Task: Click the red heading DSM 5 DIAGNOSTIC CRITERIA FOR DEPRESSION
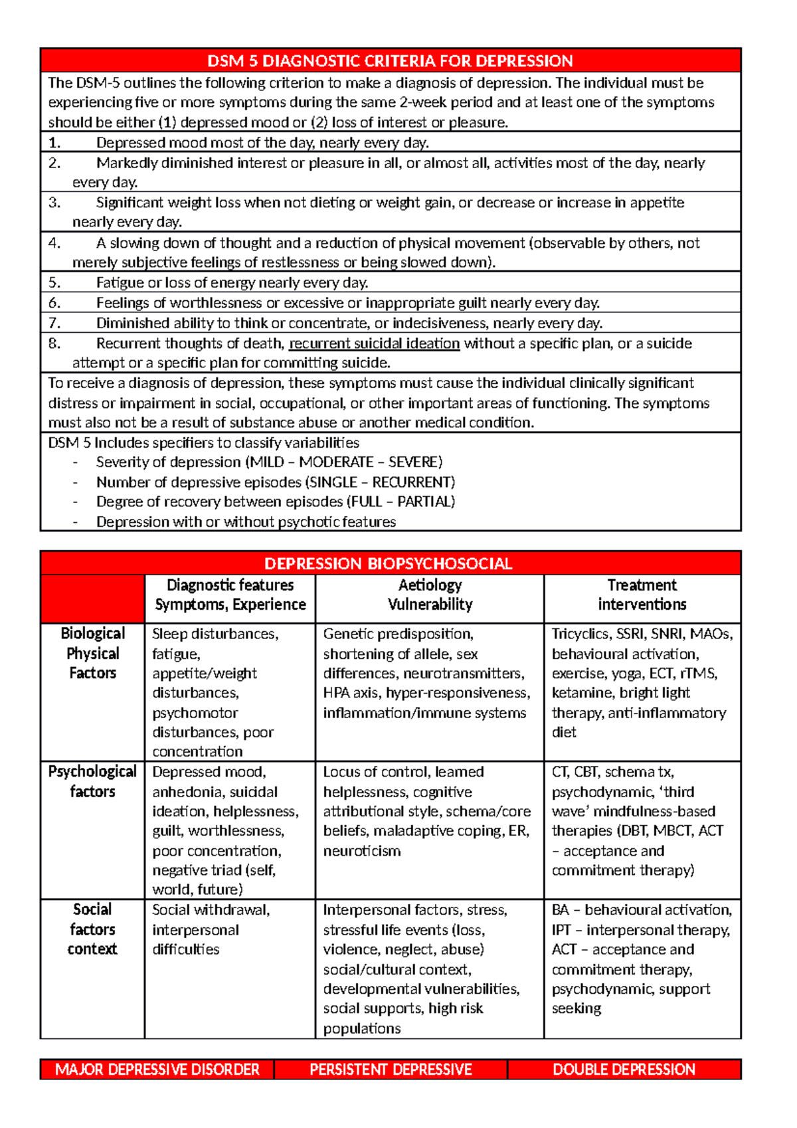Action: [x=390, y=61]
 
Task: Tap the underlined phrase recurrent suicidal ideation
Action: [x=375, y=343]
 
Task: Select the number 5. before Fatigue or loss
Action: [x=54, y=283]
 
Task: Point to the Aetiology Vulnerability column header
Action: [x=430, y=595]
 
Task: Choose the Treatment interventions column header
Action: [x=642, y=595]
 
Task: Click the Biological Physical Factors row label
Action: [x=92, y=653]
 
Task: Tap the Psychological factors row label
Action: [x=92, y=781]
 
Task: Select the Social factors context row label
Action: [x=92, y=929]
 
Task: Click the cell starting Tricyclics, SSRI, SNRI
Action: [x=642, y=683]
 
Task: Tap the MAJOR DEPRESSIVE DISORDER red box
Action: [x=157, y=1070]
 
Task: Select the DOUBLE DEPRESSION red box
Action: [x=624, y=1070]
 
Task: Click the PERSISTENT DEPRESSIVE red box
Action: [x=391, y=1070]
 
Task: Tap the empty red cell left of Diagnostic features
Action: [x=92, y=598]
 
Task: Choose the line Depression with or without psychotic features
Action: [x=246, y=522]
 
